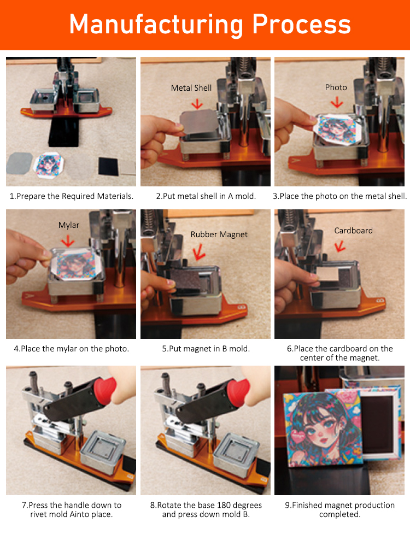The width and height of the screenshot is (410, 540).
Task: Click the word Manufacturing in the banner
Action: (x=156, y=24)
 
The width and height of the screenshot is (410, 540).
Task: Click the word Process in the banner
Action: (x=301, y=24)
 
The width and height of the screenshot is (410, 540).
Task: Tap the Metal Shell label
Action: (x=191, y=88)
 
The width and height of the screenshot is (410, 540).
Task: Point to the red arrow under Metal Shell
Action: (x=197, y=103)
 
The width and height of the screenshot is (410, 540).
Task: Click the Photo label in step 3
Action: (x=336, y=87)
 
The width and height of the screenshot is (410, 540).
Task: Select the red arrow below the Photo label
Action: (x=337, y=102)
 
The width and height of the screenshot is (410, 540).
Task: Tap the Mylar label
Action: (x=69, y=225)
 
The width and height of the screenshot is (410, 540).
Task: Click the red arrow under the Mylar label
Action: (x=68, y=240)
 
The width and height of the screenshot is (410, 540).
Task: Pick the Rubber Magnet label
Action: (x=219, y=234)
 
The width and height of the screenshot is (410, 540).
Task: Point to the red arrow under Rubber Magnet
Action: (x=199, y=252)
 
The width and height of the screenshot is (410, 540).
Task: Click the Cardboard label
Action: (x=354, y=231)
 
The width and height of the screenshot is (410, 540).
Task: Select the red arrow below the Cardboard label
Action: (x=340, y=246)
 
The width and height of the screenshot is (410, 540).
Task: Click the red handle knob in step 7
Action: (x=104, y=390)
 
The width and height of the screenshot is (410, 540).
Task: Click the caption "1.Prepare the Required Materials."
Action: (x=71, y=196)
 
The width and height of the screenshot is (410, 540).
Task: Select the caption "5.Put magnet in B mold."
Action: (x=206, y=349)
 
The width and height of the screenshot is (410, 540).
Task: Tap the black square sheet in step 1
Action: (x=108, y=166)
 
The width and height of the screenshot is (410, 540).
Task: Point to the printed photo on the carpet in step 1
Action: (x=49, y=165)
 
